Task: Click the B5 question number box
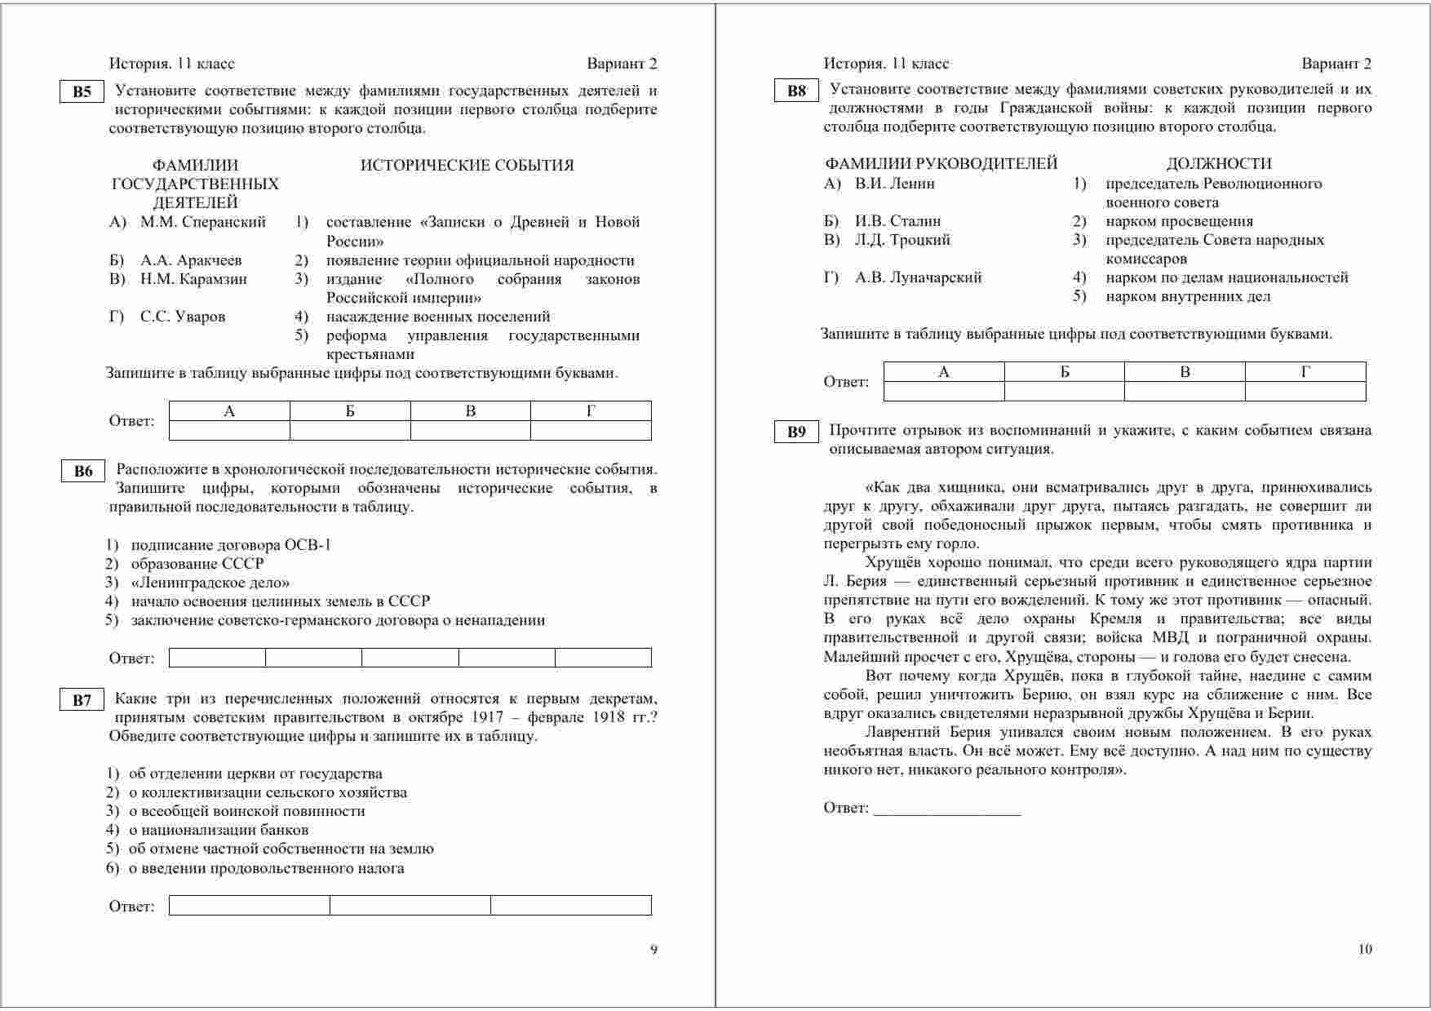(x=82, y=91)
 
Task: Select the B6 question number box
(x=83, y=471)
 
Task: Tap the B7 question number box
(x=82, y=700)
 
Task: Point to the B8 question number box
(x=796, y=91)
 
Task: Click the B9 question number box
(x=796, y=432)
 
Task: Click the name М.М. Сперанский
(x=202, y=222)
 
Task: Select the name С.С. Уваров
(x=182, y=317)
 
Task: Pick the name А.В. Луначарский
(x=918, y=277)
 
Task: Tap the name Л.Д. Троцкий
(x=902, y=240)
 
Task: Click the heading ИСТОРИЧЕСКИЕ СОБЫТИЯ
(x=467, y=166)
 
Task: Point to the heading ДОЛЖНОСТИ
(x=1218, y=163)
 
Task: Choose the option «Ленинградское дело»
(x=210, y=583)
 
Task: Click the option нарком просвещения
(x=1179, y=221)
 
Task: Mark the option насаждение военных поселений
(x=437, y=317)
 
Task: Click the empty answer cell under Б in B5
(x=350, y=430)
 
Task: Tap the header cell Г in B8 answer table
(x=1305, y=372)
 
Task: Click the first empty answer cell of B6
(x=217, y=658)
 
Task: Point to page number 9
(x=653, y=949)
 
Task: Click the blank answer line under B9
(x=946, y=809)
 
